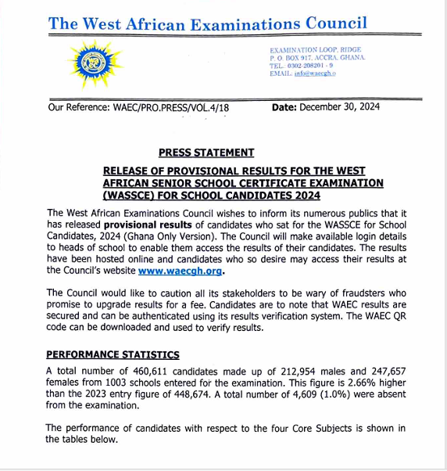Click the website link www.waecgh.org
[x=181, y=271]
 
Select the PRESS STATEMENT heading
[x=206, y=153]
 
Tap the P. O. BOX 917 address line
[x=316, y=58]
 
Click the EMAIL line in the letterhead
[x=302, y=74]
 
